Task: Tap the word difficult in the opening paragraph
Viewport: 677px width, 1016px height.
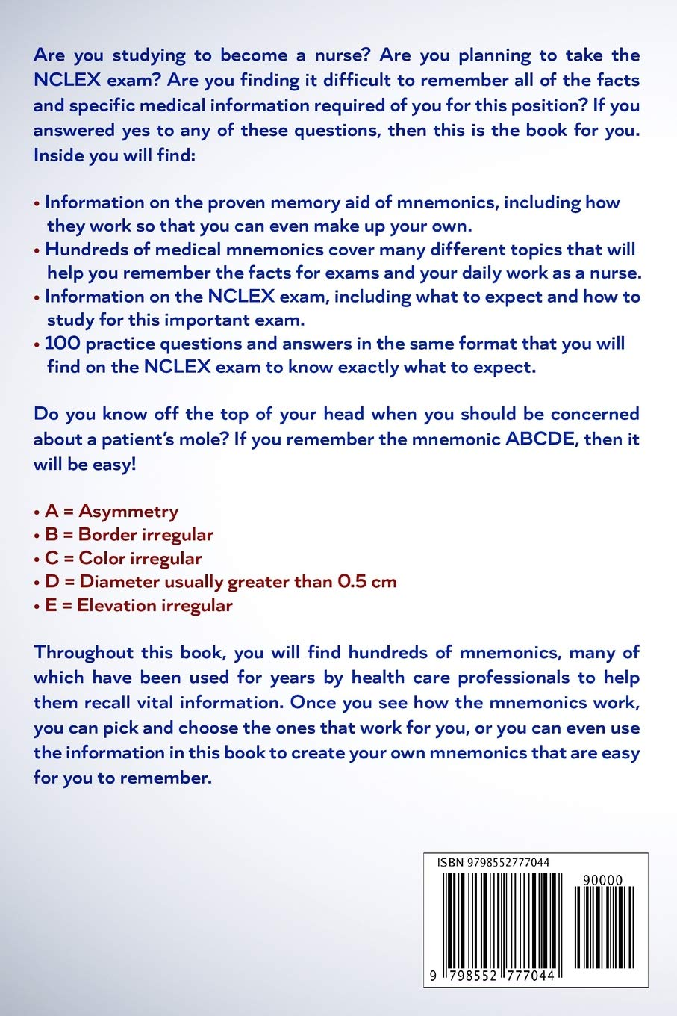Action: pos(357,80)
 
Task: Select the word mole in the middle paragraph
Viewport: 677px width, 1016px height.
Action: pos(202,439)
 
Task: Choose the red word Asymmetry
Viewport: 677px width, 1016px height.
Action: pos(128,511)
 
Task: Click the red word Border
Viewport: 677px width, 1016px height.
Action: pos(107,535)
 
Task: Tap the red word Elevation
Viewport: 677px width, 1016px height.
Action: pos(114,605)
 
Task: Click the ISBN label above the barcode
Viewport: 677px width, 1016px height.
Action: pos(450,863)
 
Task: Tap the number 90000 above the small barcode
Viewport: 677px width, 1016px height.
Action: pos(602,881)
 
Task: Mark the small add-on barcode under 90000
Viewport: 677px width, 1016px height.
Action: pos(603,926)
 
